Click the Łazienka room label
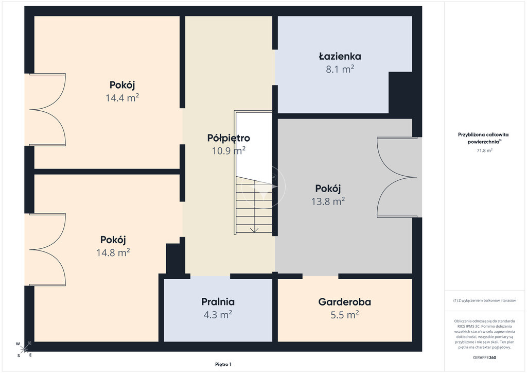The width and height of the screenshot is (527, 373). pyautogui.click(x=340, y=56)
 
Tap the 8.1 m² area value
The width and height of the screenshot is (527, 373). pyautogui.click(x=340, y=69)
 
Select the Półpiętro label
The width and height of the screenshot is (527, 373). pyautogui.click(x=229, y=138)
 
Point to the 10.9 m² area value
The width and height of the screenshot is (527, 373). pyautogui.click(x=229, y=150)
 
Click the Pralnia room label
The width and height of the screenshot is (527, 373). pyautogui.click(x=218, y=302)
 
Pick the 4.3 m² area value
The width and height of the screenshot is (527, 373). pyautogui.click(x=218, y=314)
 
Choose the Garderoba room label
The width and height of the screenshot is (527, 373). pyautogui.click(x=344, y=302)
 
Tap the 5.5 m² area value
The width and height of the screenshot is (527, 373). pyautogui.click(x=344, y=314)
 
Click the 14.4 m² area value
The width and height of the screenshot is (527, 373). pyautogui.click(x=122, y=98)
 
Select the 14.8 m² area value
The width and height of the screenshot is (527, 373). pyautogui.click(x=113, y=252)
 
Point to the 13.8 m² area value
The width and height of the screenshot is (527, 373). pyautogui.click(x=328, y=201)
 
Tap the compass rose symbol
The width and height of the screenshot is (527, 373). pyautogui.click(x=24, y=349)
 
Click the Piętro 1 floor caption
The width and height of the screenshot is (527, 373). pyautogui.click(x=223, y=364)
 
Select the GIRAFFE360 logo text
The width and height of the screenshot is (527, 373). pyautogui.click(x=484, y=358)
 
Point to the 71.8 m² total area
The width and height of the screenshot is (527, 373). pyautogui.click(x=484, y=150)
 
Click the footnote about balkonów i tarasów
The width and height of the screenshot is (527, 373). pyautogui.click(x=484, y=300)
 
